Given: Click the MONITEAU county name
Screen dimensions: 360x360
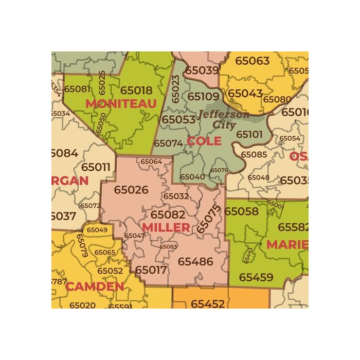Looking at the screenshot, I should tap(121, 104).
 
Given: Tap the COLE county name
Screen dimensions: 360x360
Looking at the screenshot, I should tap(204, 141).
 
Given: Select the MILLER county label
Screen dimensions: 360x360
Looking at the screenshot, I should tap(166, 227).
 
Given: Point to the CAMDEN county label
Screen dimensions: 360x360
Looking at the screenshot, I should tap(95, 286).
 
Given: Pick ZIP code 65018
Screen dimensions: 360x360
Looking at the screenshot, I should tap(136, 90).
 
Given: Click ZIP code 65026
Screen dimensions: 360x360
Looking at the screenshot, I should tap(131, 190).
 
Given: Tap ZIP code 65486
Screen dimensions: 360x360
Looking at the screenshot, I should tap(195, 262).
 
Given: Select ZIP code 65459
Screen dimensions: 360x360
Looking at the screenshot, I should tap(256, 278).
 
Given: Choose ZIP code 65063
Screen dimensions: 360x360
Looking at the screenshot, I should tap(252, 61).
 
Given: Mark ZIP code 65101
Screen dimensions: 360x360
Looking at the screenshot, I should tap(249, 134).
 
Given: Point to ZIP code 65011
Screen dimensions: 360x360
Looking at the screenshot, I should tap(96, 167).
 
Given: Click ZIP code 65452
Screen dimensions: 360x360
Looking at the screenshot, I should tap(208, 304).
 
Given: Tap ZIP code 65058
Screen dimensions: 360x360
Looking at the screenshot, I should tap(241, 211).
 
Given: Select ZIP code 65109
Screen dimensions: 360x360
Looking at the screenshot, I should tap(203, 96).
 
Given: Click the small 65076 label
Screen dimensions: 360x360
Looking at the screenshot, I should tap(219, 170).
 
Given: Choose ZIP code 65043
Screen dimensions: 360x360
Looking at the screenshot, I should tap(245, 94).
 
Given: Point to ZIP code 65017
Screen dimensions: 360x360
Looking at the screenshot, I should tap(151, 269).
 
